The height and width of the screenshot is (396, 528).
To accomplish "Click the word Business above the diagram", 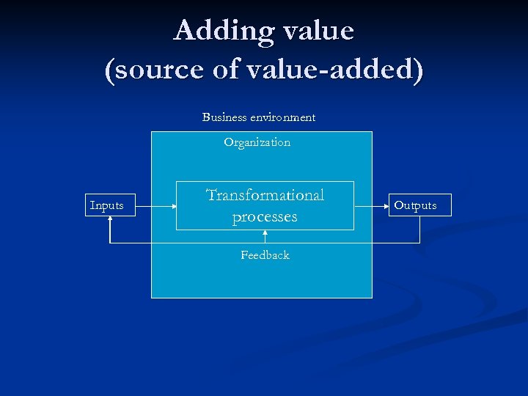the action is click(x=226, y=117).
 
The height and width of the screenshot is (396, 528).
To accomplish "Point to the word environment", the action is click(x=283, y=117).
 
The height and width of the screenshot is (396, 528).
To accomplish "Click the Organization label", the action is click(x=257, y=142).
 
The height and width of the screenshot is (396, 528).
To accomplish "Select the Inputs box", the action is click(x=107, y=205).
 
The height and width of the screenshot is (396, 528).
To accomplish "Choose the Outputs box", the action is click(x=415, y=205).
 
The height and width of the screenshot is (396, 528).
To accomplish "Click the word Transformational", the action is click(x=265, y=195).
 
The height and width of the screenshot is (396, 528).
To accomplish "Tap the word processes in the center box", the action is click(x=265, y=217).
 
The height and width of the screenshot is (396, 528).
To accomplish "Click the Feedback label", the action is click(x=265, y=255).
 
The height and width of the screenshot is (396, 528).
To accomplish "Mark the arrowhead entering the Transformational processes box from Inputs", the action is click(x=174, y=205).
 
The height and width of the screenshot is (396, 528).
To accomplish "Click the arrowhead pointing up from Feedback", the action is click(x=265, y=232).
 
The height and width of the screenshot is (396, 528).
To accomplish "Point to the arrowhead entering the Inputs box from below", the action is click(x=110, y=219).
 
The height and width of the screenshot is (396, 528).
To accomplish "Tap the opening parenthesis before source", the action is click(x=110, y=70).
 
